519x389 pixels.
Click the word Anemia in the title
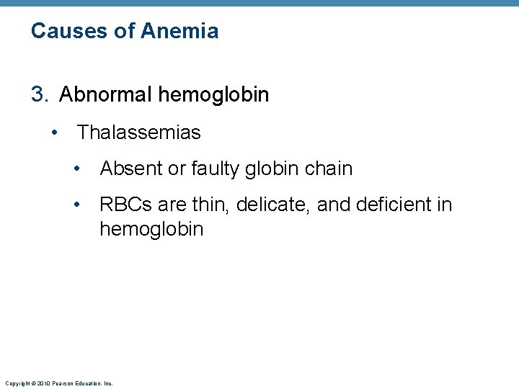coord(179,31)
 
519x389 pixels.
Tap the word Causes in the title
coord(63,31)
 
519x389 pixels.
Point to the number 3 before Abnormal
coord(37,94)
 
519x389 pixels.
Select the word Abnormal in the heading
coord(106,94)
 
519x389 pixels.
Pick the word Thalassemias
coord(139,133)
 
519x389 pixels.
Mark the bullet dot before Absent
coord(77,169)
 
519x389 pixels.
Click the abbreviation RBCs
coord(125,205)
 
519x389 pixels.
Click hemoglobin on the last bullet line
coord(151,230)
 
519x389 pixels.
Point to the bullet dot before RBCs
coord(77,205)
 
